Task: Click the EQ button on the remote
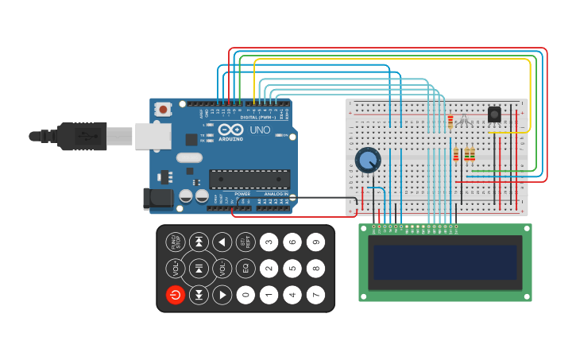(x=245, y=269)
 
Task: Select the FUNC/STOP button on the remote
(x=176, y=242)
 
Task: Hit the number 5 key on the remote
(x=292, y=269)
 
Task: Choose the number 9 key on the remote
(x=315, y=242)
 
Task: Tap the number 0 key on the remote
(x=245, y=295)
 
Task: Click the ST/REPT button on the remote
(x=245, y=242)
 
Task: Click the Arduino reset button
(x=164, y=109)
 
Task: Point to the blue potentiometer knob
(x=367, y=161)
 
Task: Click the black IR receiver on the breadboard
(x=494, y=115)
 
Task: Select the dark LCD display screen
(x=445, y=262)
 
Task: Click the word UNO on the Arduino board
(x=260, y=130)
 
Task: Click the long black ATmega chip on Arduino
(x=249, y=179)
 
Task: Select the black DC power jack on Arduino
(x=157, y=199)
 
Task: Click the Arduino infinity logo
(x=231, y=130)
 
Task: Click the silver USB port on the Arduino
(x=153, y=136)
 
